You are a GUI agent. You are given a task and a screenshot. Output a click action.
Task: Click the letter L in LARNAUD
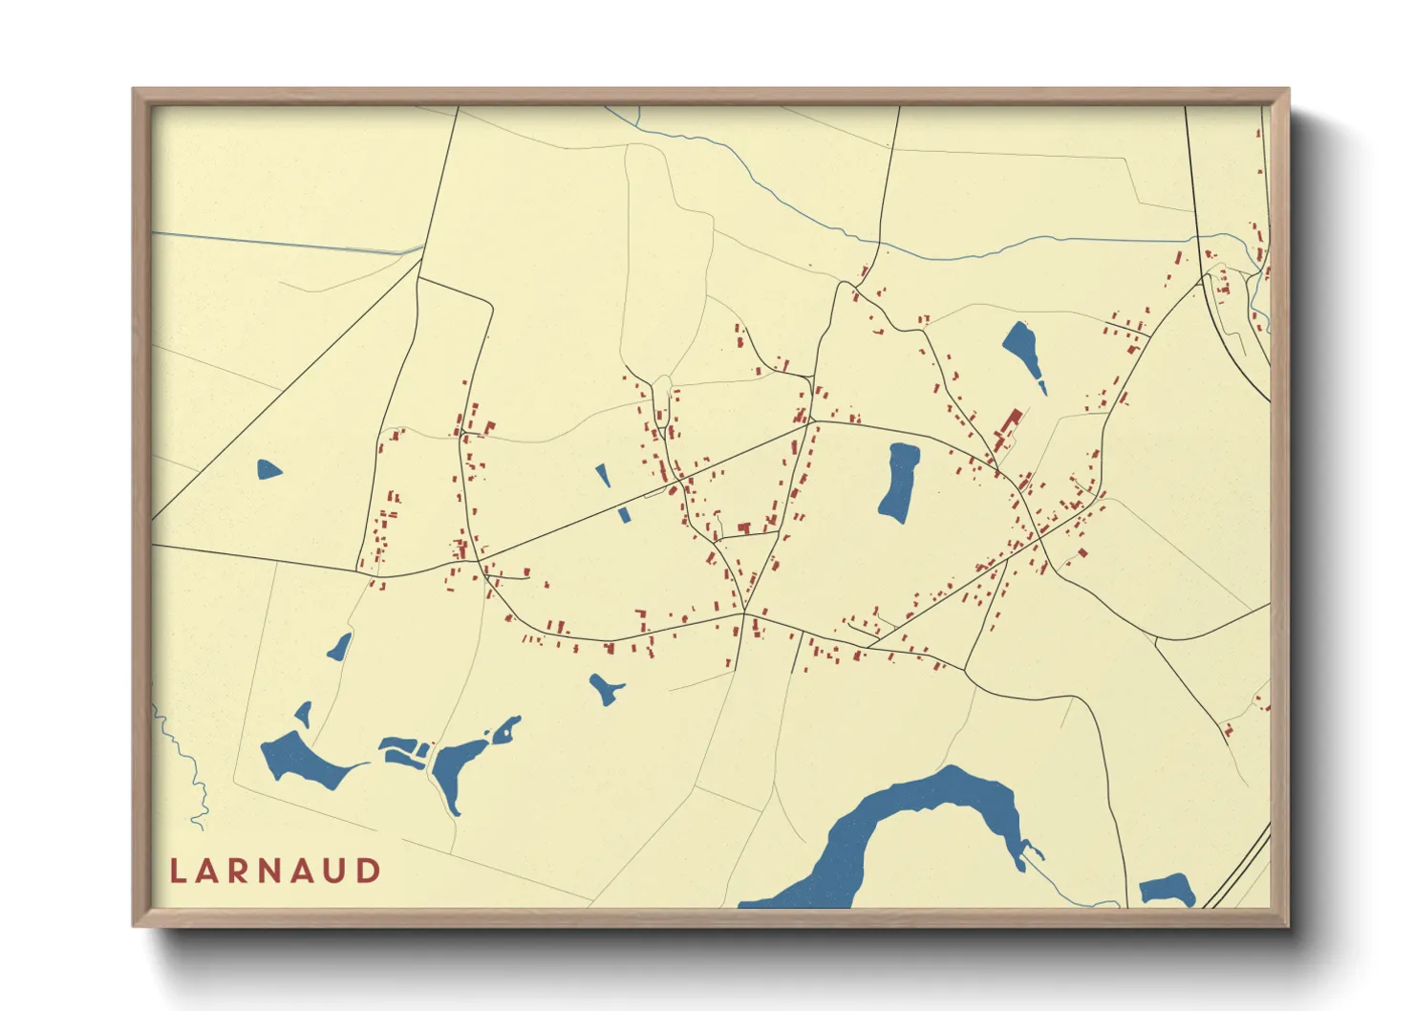pos(177,871)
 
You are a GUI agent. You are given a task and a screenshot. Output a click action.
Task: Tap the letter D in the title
pos(369,871)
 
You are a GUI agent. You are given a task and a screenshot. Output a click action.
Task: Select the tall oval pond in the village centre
pos(899,483)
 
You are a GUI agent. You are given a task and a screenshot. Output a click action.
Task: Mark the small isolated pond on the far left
pos(268,469)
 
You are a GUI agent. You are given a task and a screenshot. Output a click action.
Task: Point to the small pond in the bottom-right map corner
pos(1167,890)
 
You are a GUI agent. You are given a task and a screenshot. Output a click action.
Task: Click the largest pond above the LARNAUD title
pos(301,761)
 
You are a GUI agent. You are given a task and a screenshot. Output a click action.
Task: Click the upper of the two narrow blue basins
pos(603,475)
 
